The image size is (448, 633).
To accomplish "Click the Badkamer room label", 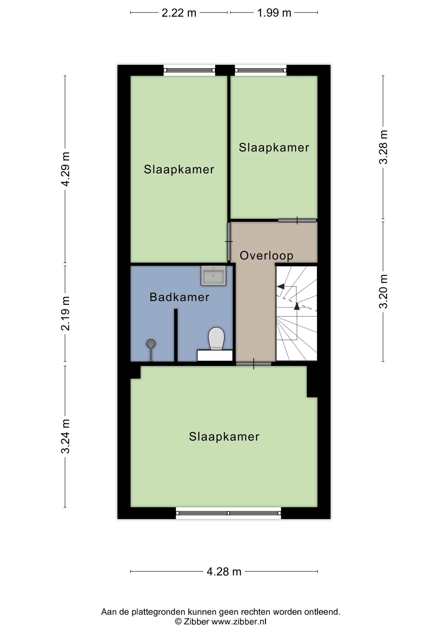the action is tap(179, 297).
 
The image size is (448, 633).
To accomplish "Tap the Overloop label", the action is tap(266, 256).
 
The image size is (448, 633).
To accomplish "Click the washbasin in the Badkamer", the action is tap(213, 275).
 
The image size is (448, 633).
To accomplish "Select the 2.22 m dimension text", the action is tap(179, 13).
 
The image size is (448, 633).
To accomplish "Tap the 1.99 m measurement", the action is tap(274, 13).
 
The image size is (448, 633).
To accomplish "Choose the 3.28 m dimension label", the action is tap(384, 147).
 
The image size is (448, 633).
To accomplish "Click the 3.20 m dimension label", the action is tap(384, 291).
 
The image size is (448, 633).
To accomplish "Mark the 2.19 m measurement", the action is tap(66, 313).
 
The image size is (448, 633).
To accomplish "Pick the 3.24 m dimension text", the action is tap(66, 436).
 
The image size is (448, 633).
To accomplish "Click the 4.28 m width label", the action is tap(224, 572).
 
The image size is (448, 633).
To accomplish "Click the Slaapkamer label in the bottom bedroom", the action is tap(224, 437).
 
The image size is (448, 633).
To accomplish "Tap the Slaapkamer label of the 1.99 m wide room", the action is tap(274, 148).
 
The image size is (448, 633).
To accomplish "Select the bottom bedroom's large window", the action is tap(229, 513).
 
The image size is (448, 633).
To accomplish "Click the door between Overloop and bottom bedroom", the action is tap(254, 364).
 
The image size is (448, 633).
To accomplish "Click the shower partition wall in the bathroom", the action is tap(176, 335).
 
